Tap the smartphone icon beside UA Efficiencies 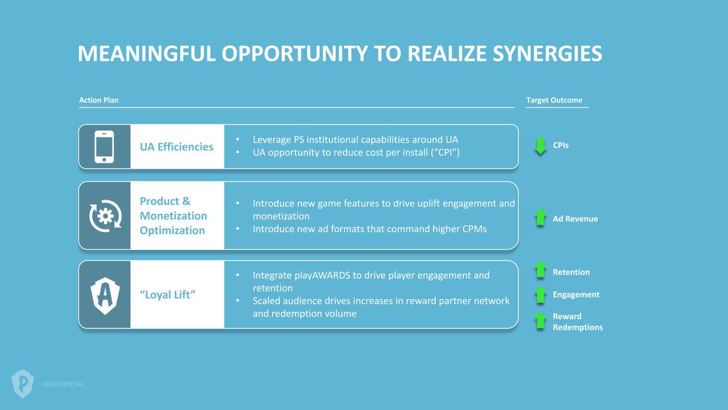104,147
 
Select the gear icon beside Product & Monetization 105,216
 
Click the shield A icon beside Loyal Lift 105,295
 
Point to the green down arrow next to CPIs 541,146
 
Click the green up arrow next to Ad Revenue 541,218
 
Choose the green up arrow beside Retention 541,270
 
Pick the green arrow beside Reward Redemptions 541,320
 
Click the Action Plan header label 99,100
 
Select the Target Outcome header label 554,100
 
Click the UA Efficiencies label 177,147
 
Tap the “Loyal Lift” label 168,295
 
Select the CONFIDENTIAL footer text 63,384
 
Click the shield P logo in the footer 23,383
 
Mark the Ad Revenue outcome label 575,219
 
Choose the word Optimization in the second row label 172,231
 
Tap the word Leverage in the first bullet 271,140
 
